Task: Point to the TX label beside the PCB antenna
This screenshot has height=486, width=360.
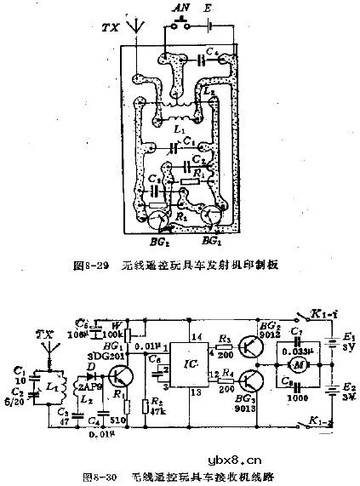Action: pyautogui.click(x=108, y=26)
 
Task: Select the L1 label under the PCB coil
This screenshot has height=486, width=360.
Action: pyautogui.click(x=175, y=129)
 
